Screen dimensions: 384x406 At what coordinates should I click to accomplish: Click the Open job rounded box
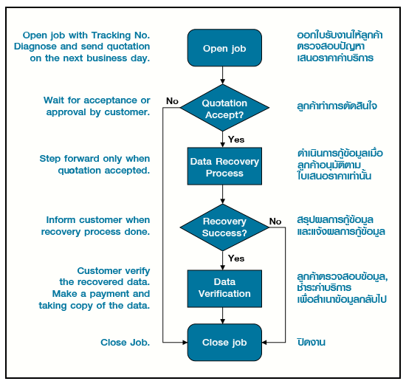click(224, 49)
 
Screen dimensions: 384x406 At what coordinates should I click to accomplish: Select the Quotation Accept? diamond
click(224, 109)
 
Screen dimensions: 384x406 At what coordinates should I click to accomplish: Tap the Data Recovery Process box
click(224, 167)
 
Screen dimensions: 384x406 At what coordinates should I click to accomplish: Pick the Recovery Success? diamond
click(224, 227)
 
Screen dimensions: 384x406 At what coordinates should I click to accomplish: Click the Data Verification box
click(224, 288)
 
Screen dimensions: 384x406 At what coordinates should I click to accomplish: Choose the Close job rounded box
click(224, 343)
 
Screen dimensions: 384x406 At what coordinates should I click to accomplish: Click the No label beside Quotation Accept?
click(172, 100)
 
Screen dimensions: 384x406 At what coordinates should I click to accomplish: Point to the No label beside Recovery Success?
click(275, 221)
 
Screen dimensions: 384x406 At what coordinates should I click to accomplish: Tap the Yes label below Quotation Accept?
click(236, 139)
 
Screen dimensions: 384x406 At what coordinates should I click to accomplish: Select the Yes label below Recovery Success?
click(236, 258)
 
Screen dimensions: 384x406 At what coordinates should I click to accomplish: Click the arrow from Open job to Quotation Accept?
click(224, 75)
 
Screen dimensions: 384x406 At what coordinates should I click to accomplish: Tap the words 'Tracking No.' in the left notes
click(123, 34)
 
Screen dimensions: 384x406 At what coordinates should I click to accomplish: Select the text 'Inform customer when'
click(97, 220)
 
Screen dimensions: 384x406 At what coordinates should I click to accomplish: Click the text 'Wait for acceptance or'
click(96, 100)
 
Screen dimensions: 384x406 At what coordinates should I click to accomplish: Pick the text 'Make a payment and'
click(104, 294)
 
